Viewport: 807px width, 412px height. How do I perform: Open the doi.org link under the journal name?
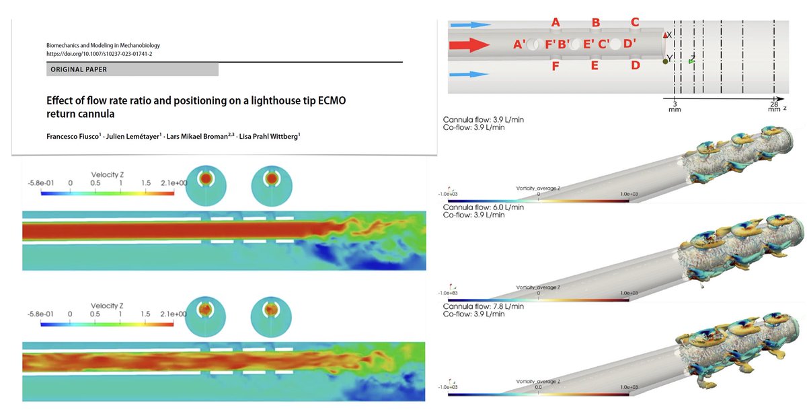click(x=103, y=53)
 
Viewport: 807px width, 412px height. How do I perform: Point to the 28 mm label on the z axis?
click(x=774, y=107)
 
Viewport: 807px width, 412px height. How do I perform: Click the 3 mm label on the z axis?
click(x=675, y=107)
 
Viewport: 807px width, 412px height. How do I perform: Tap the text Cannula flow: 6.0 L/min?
click(x=483, y=207)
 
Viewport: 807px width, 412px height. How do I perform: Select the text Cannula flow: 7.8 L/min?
click(x=483, y=306)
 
